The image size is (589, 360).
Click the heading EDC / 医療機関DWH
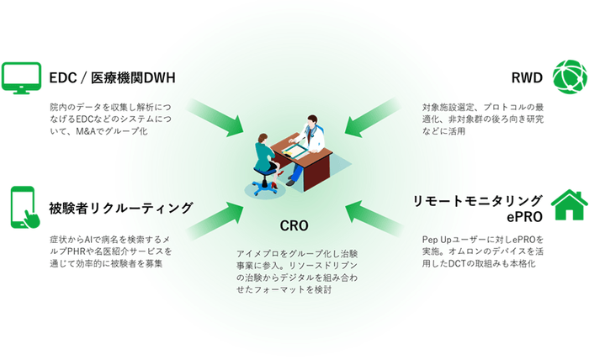pyautogui.click(x=112, y=79)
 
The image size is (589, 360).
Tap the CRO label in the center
pyautogui.click(x=294, y=225)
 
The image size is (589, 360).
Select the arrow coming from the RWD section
pyautogui.click(x=374, y=119)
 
